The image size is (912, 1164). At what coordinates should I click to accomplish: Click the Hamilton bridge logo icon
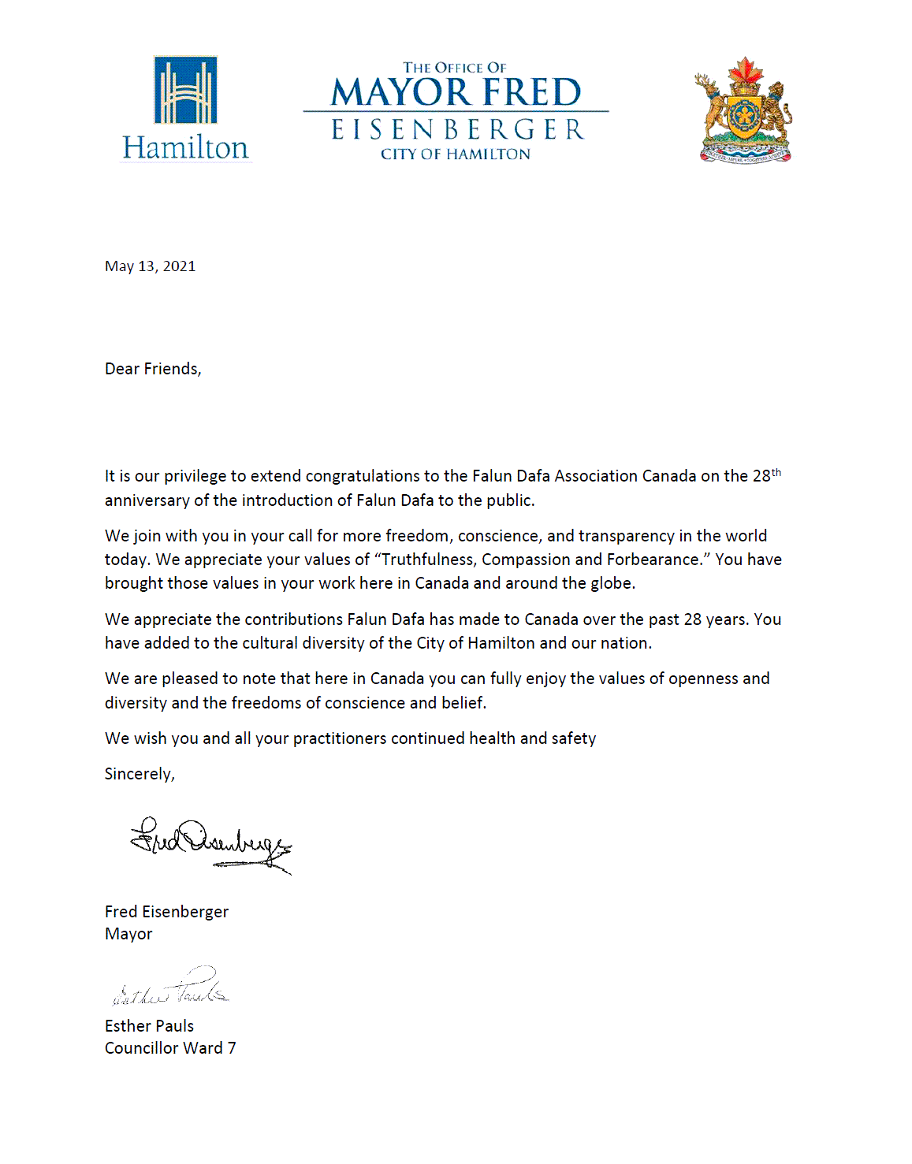(x=185, y=90)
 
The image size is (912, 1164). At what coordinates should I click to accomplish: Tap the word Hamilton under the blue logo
(x=185, y=147)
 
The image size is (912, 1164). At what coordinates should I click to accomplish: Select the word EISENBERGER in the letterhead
(x=457, y=129)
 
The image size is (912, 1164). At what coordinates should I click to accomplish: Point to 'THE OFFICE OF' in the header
(x=455, y=68)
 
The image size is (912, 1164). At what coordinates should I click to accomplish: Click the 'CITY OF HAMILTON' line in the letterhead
(x=456, y=154)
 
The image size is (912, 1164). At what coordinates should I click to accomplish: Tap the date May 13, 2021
(x=150, y=266)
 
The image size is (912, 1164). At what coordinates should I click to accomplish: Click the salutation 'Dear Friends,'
(x=153, y=369)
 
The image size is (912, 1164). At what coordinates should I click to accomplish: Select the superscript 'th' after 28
(x=776, y=472)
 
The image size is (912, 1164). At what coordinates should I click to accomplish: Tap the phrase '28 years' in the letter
(x=716, y=619)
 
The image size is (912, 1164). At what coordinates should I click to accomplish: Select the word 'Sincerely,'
(x=140, y=774)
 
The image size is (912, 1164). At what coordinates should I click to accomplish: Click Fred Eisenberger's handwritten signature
(x=210, y=843)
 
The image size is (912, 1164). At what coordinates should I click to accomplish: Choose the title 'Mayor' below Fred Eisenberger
(x=128, y=934)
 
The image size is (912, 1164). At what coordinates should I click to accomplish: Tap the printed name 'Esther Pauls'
(x=149, y=1026)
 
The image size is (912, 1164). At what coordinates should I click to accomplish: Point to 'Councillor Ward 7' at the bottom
(x=170, y=1048)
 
